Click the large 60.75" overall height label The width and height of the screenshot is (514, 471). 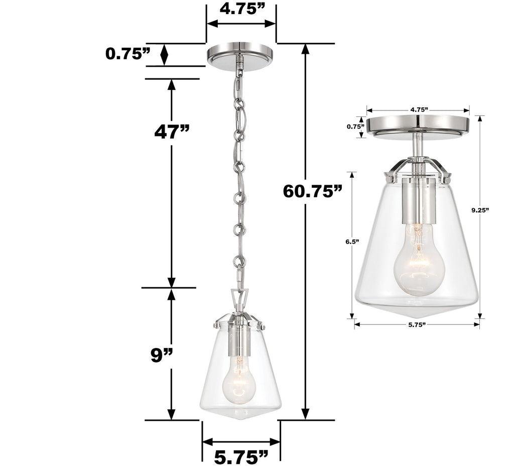point(312,191)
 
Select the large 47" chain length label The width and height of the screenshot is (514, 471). point(172,132)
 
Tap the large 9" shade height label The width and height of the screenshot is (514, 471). point(162,356)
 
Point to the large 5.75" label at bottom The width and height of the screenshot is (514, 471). point(241,457)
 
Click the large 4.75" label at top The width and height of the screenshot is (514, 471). point(241,10)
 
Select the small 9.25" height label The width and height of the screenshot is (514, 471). point(480,211)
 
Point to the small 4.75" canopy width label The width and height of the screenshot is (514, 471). point(418,109)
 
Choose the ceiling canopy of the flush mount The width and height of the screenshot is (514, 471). point(418,128)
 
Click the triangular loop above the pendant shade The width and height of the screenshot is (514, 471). point(239,299)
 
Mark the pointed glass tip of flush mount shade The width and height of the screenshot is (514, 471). point(417,313)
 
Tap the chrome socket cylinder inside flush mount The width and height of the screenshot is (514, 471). point(417,201)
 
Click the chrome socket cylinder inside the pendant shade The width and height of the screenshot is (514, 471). point(239,339)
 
